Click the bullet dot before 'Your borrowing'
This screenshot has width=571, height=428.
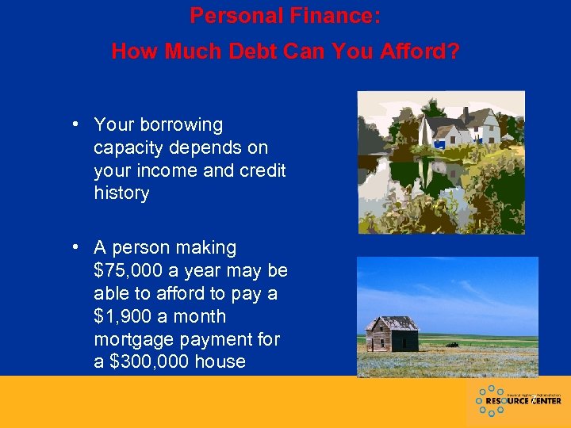click(73, 124)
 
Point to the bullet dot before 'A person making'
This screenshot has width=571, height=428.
click(73, 248)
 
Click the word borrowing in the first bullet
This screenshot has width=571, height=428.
click(181, 124)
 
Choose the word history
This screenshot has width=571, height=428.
click(121, 193)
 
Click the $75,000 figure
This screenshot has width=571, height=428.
click(128, 271)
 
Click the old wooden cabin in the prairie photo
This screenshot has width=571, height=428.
click(392, 334)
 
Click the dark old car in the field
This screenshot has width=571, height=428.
click(453, 345)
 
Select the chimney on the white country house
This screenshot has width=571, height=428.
click(466, 113)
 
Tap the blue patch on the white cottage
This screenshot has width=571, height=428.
click(438, 145)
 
